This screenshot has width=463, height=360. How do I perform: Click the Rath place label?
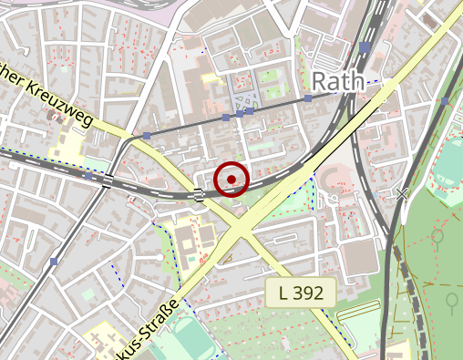click(340, 80)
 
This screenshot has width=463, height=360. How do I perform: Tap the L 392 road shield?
click(302, 293)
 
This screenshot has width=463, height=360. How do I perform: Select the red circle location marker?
click(232, 179)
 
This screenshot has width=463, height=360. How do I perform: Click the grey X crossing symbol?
click(402, 193)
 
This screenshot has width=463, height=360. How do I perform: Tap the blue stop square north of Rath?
click(365, 46)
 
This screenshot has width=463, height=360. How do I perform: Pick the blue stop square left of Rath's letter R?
click(308, 98)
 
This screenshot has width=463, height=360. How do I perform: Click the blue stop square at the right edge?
click(444, 100)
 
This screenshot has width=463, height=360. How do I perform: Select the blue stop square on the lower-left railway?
click(55, 262)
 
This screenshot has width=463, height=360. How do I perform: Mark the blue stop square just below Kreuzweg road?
click(147, 137)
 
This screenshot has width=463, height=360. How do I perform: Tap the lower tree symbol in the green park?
click(450, 299)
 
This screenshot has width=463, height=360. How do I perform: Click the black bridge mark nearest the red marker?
click(199, 192)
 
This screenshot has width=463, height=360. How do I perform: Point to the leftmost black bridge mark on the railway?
click(108, 180)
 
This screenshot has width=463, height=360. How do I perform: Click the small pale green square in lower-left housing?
click(87, 294)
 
